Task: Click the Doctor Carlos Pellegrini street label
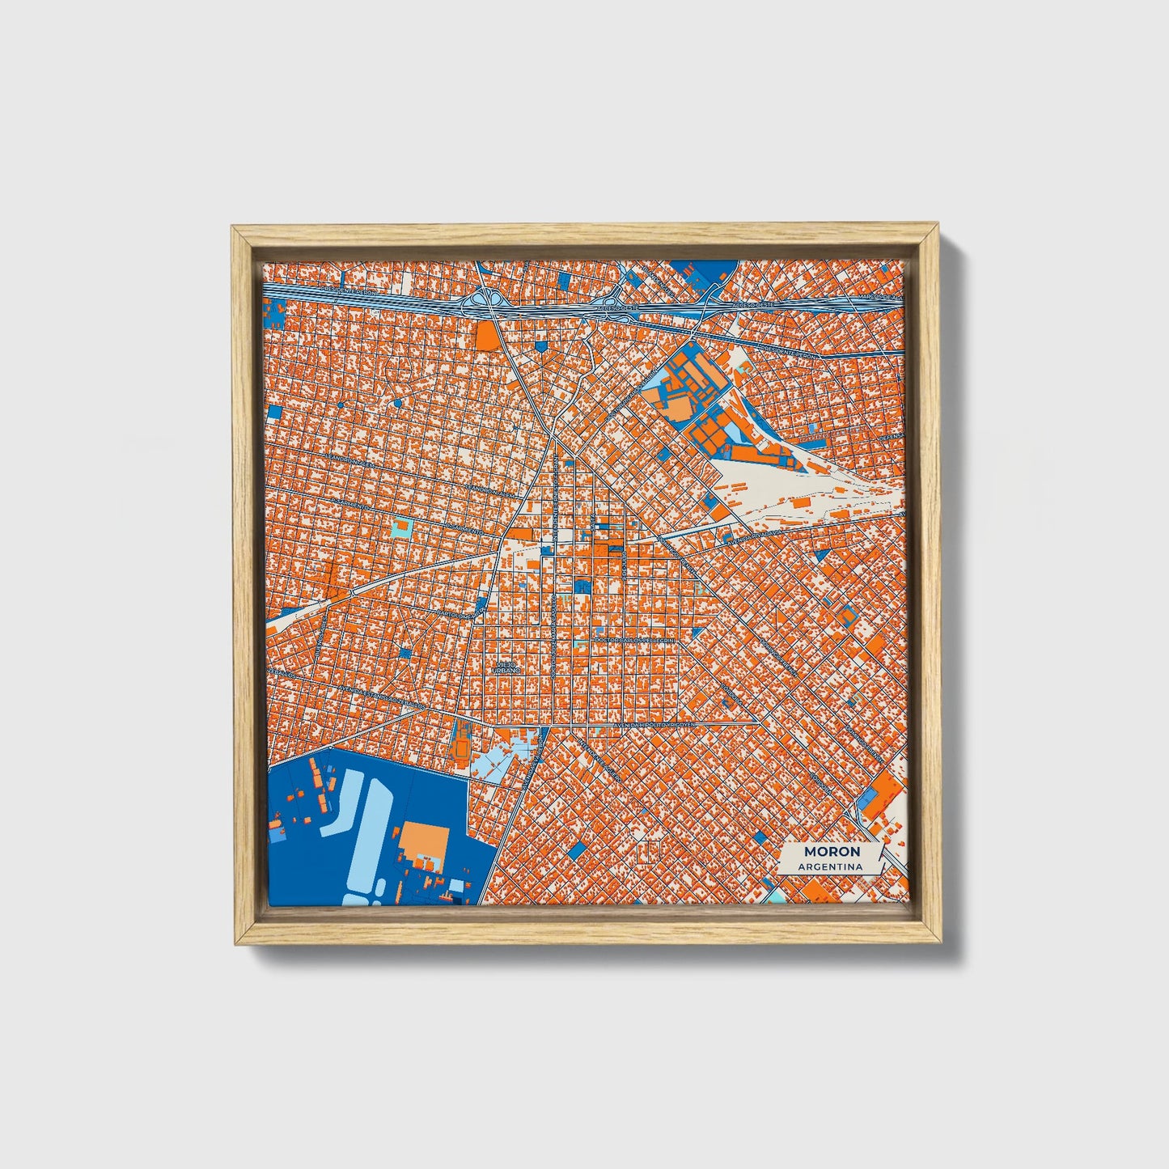point(633,639)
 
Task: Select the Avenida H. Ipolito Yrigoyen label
point(654,726)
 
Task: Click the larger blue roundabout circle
point(398,402)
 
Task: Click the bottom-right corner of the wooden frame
point(940,942)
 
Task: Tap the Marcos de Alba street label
point(877,299)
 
